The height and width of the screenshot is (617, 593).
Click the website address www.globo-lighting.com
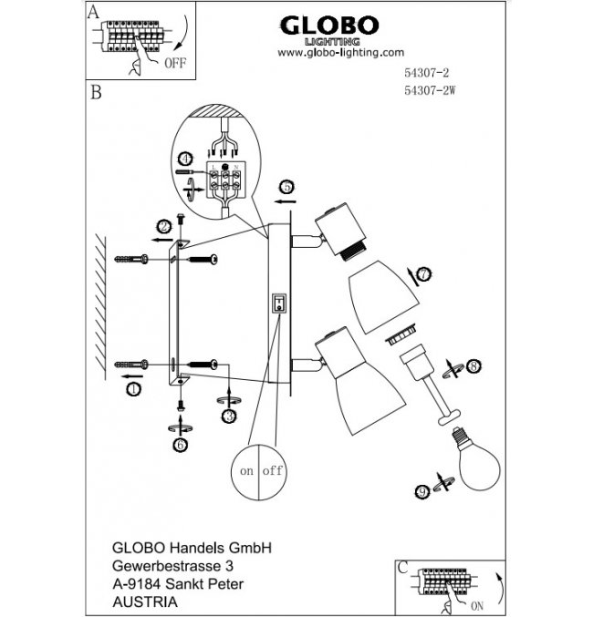(339, 53)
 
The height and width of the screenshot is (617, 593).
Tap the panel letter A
(94, 11)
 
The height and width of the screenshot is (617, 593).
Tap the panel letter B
(95, 93)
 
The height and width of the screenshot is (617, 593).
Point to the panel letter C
(402, 565)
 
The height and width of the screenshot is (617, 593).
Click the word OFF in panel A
(173, 64)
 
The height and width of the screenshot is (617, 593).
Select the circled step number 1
(133, 389)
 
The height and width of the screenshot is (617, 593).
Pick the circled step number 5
(286, 187)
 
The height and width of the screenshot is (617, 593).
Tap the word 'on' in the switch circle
(246, 471)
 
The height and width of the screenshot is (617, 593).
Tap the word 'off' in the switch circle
(272, 471)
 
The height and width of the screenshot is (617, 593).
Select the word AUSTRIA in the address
(144, 602)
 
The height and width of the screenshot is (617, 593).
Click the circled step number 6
(180, 444)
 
